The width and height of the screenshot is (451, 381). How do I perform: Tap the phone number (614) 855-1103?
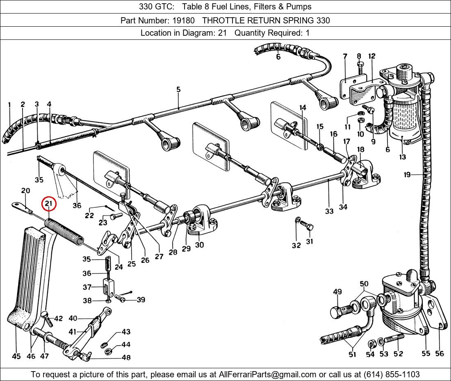[x=392, y=374]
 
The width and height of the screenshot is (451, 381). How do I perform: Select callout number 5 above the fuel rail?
[x=178, y=90]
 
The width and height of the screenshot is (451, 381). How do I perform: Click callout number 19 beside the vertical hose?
[x=407, y=175]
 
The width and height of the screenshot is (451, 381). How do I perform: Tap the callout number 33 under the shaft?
[x=329, y=211]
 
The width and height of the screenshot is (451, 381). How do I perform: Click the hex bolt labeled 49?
[x=337, y=312]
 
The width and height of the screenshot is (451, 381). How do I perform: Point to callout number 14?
[x=303, y=108]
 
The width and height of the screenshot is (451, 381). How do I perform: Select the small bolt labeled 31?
[x=307, y=227]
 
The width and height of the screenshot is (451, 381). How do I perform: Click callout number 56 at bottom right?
[x=440, y=353]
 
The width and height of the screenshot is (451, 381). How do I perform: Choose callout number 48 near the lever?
[x=126, y=358]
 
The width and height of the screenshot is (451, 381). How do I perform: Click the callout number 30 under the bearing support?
[x=199, y=245]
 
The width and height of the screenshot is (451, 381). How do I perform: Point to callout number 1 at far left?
[x=9, y=105]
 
